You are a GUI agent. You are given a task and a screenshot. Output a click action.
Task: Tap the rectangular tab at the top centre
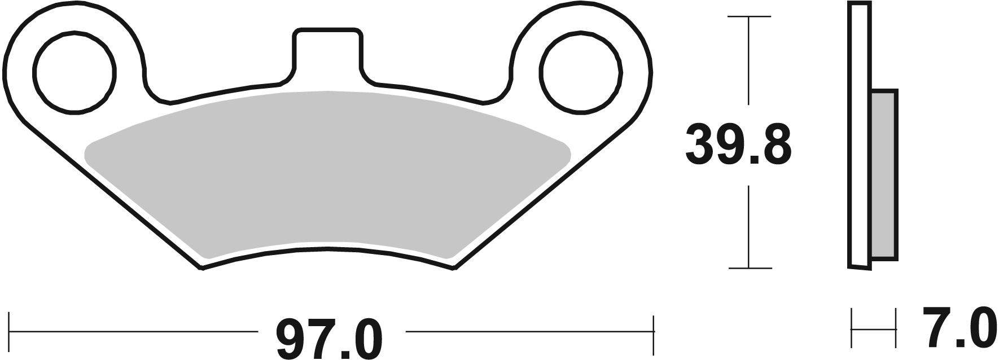click(327, 54)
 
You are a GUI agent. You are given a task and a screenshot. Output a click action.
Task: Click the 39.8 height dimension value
click(738, 146)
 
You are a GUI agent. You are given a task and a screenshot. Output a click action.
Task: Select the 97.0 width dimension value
click(329, 339)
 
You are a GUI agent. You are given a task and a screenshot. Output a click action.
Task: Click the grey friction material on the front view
click(327, 175)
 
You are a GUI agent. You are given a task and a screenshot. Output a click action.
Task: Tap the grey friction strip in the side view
click(883, 175)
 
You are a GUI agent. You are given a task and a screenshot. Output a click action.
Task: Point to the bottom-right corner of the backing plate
click(453, 269)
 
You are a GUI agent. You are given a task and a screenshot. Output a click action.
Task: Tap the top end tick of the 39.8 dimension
click(749, 17)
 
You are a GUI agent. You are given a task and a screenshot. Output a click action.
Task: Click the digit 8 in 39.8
click(774, 146)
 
